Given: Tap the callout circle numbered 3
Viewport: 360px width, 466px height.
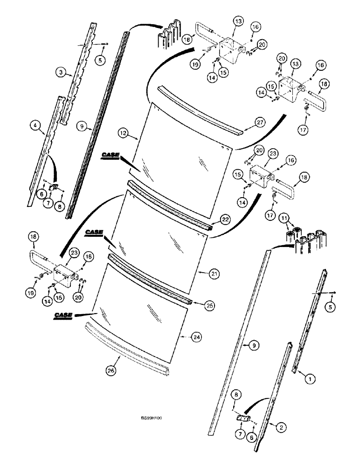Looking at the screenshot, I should [60, 72].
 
